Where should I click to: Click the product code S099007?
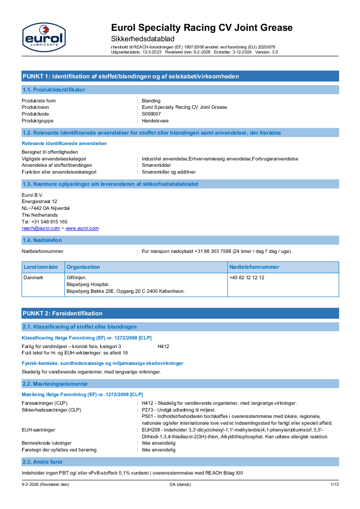(151, 114)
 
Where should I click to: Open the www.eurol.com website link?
(82, 228)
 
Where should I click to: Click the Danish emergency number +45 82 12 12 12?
(247, 277)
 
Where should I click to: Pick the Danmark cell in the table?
(33, 277)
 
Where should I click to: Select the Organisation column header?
(83, 267)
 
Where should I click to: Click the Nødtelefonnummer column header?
(254, 267)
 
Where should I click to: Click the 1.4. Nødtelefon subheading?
(42, 240)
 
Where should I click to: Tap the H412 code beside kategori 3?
(163, 346)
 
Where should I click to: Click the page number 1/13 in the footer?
(334, 485)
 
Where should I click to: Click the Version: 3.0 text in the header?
(267, 52)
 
